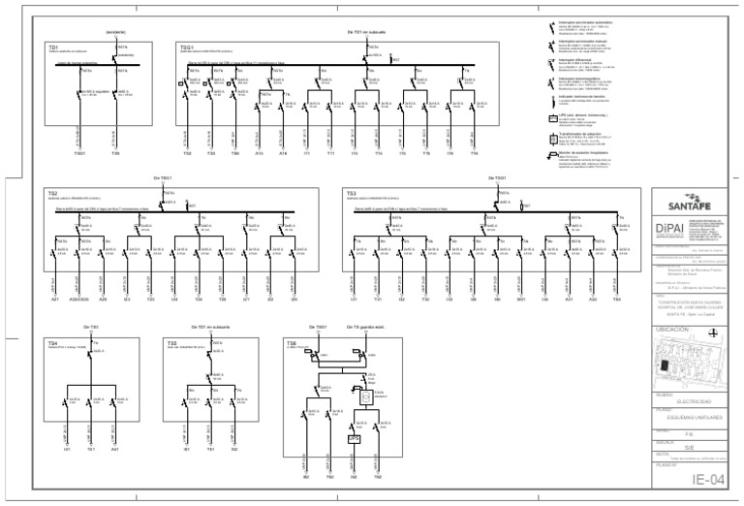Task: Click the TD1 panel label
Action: point(54,46)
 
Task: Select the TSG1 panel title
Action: point(187,46)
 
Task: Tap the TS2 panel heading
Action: point(54,193)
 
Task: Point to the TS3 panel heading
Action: point(352,193)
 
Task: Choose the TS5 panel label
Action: point(171,342)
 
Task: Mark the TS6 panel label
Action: point(292,342)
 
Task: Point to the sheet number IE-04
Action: point(706,481)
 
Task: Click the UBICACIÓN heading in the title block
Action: point(671,330)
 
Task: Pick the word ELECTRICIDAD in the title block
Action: point(698,400)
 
